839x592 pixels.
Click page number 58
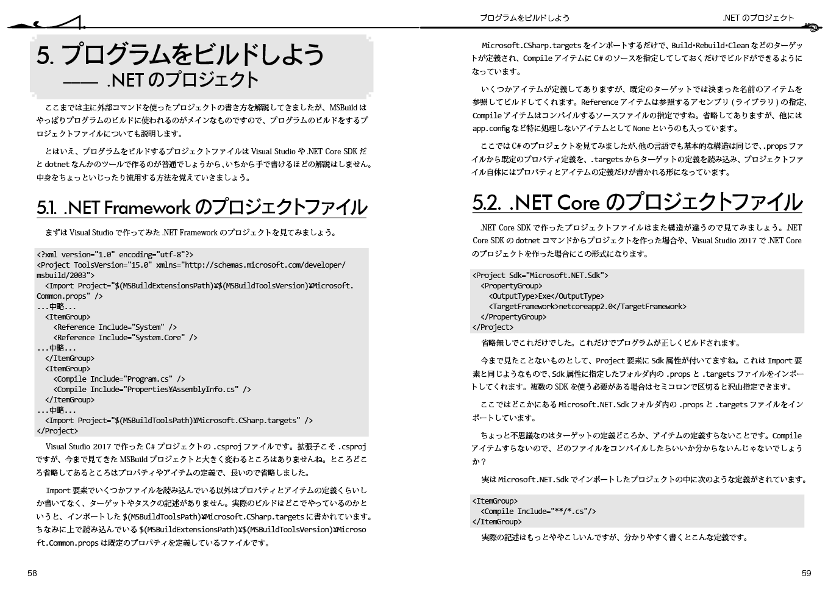pos(32,573)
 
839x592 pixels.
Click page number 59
pos(806,573)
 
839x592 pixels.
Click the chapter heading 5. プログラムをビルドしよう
pos(180,55)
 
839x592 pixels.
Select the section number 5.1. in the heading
pos(46,208)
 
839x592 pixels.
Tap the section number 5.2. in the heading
pos(487,202)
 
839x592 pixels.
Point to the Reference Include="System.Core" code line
pos(125,338)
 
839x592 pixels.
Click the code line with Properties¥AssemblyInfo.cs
pos(152,390)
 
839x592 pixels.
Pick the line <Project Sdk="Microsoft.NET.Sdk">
pos(540,276)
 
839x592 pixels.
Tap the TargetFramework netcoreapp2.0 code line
pos(587,307)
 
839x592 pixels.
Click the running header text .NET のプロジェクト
pos(759,18)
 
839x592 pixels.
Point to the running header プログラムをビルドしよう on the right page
pos(524,18)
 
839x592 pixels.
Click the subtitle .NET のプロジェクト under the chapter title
pos(182,80)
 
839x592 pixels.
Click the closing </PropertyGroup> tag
pos(513,317)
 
